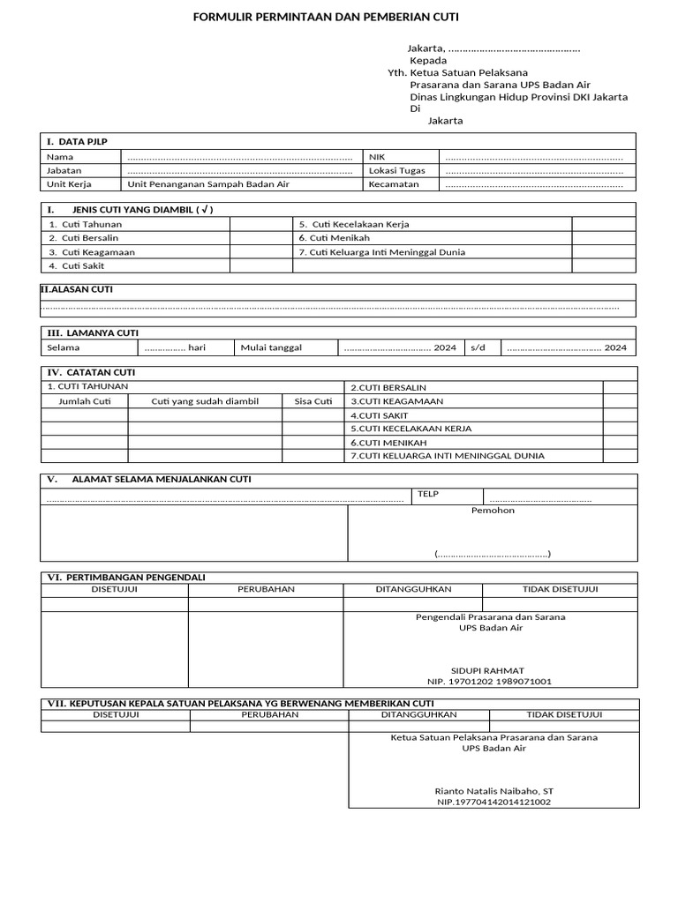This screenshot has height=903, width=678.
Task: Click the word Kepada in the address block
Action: tap(428, 60)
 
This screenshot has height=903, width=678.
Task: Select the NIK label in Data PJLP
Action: tap(378, 156)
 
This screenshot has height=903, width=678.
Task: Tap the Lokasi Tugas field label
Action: tap(396, 170)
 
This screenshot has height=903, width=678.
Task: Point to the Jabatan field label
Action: tap(64, 170)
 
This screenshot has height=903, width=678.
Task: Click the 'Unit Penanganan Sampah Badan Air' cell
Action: tap(208, 184)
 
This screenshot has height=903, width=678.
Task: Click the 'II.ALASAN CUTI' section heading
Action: tap(77, 289)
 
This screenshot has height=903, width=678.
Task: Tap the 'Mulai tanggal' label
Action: tap(271, 347)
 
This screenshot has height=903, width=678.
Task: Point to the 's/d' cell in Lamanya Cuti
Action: tap(478, 347)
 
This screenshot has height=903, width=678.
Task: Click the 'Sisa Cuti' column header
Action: tap(313, 401)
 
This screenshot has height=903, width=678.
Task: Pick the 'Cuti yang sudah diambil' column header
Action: tap(205, 401)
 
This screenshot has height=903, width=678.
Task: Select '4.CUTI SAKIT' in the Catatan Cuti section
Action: tap(380, 414)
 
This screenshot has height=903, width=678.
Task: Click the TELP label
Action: tap(428, 495)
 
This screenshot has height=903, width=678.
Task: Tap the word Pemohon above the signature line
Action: tap(493, 510)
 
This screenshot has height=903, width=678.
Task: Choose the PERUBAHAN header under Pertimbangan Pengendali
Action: tap(266, 589)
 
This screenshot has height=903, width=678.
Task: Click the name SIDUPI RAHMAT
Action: tap(490, 670)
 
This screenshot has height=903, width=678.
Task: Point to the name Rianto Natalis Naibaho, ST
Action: tap(493, 790)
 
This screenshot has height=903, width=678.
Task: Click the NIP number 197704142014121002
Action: tap(493, 802)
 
